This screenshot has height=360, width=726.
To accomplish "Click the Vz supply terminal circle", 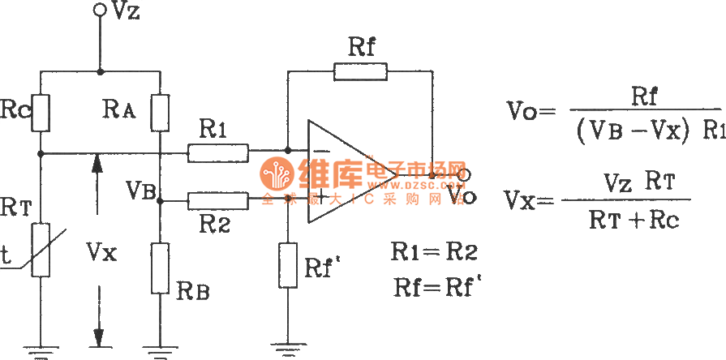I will (100, 9).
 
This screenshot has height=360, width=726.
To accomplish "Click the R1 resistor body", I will (217, 151).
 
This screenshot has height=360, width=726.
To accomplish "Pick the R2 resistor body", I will (217, 199).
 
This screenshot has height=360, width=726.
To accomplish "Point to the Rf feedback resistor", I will (360, 71).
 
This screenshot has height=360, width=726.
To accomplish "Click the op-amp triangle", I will (345, 174).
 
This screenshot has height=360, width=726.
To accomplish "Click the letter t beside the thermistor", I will (6, 257).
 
